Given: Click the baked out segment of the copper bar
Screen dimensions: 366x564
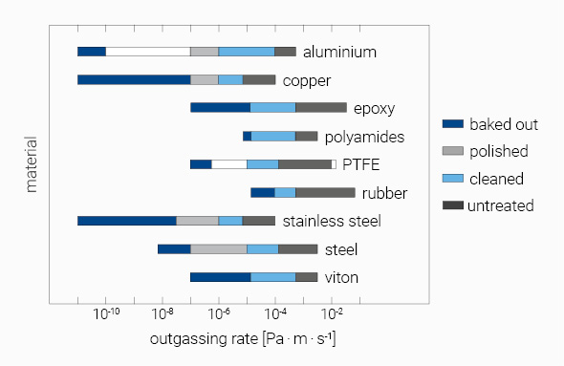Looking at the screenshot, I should coord(134,79).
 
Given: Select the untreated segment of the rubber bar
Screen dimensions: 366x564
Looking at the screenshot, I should coord(325,192).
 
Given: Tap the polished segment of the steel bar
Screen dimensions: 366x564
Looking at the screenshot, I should coord(219,248).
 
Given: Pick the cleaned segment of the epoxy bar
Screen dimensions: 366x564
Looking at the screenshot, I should coord(272,107).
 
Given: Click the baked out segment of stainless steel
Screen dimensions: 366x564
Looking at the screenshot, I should coord(126,221).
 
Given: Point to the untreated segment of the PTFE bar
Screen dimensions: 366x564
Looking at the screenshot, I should coord(305,164).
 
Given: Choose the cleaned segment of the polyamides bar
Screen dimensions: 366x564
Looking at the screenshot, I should coord(272,136).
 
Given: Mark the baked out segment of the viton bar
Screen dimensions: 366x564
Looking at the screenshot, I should coord(220,277).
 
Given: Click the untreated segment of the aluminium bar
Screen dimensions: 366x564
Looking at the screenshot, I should coord(285,52).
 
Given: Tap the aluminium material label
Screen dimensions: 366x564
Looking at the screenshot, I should coord(339,52).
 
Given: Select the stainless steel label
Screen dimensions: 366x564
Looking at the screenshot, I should coord(332,221).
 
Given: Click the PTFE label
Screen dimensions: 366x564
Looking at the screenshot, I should coord(361,164).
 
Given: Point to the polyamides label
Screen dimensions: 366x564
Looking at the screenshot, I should coord(364,137).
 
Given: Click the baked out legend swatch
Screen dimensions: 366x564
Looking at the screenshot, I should coord(452,124).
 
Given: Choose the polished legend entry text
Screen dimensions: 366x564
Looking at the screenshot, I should coord(498,151).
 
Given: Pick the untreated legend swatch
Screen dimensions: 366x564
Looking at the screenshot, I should coord(452,205).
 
